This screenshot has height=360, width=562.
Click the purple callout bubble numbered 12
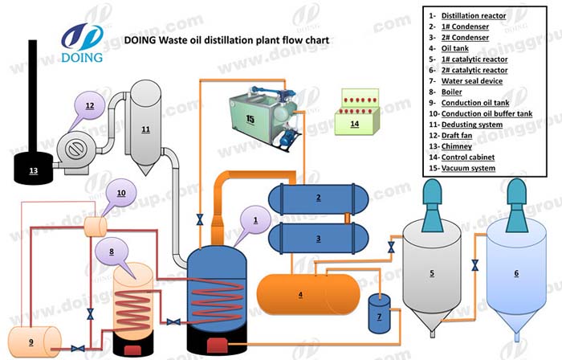click(90, 106)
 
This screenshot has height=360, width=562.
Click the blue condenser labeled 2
click(318, 198)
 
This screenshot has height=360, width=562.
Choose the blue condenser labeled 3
click(318, 239)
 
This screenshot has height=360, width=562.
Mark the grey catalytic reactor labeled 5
click(431, 273)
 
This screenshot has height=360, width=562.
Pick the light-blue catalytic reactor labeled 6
click(515, 273)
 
